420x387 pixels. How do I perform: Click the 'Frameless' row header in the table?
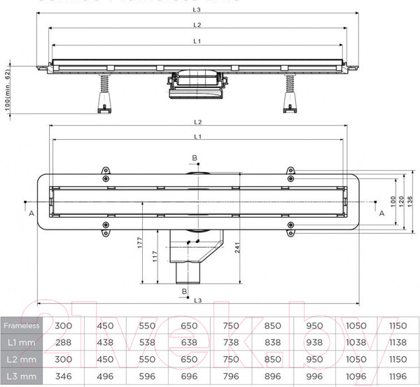click(20, 326)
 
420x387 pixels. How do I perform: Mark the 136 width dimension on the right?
click(411, 199)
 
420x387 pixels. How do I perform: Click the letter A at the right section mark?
click(381, 213)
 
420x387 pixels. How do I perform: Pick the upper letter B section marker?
click(195, 159)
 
